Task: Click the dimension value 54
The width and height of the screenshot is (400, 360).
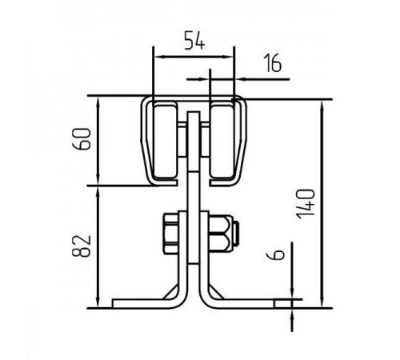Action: click(x=195, y=41)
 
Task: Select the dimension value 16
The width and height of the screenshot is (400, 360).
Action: click(x=273, y=63)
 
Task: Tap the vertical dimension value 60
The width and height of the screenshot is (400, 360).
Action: click(x=82, y=138)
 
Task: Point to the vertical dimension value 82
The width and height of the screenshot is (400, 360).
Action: click(x=82, y=246)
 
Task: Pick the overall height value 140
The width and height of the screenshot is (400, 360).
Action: click(x=306, y=204)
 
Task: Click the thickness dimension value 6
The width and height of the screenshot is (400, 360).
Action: click(x=275, y=255)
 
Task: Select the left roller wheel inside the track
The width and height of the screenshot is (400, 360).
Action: click(x=165, y=141)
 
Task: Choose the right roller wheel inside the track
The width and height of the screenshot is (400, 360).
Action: click(x=222, y=141)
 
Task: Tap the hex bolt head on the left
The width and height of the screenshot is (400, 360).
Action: click(x=170, y=234)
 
